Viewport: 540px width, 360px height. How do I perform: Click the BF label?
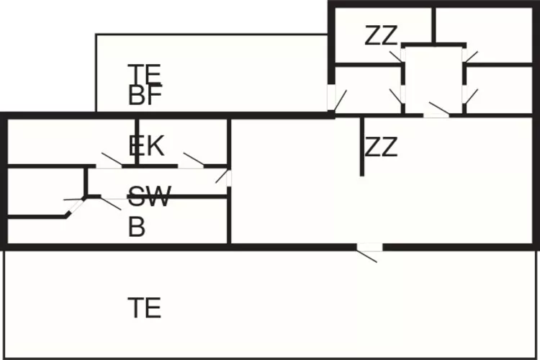(145, 96)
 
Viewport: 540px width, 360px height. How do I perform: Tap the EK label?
(146, 146)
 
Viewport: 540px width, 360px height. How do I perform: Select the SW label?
(149, 195)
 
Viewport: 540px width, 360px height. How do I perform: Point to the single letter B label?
(137, 228)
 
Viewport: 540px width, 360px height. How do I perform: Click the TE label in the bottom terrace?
(144, 307)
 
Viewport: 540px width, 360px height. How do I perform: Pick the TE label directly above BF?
(144, 73)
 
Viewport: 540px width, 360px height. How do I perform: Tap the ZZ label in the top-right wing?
(381, 35)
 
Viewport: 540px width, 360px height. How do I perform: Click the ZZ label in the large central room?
(381, 148)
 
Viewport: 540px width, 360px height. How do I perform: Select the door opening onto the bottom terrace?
(369, 248)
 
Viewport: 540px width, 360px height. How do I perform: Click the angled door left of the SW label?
(75, 207)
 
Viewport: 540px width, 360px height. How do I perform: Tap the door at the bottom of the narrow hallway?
(436, 114)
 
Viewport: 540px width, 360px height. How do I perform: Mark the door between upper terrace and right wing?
(332, 99)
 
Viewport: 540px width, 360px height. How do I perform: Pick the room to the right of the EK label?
(202, 142)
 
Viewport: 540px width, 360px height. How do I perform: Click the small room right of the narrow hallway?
(498, 89)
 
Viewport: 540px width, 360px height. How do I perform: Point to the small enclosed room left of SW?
(45, 190)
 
